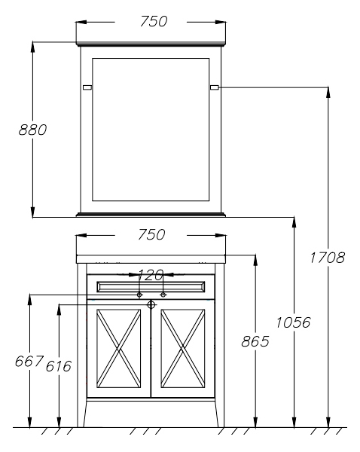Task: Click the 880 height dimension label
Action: point(32,130)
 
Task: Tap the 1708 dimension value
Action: point(328,258)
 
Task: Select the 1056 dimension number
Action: point(294,322)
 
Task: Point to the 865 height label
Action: point(255,341)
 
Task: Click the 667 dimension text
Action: point(29,361)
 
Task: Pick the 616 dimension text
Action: point(59,366)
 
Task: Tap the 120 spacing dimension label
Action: point(151,276)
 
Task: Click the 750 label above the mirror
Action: point(154,21)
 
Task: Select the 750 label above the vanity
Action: point(151,234)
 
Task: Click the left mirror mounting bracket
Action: point(87,87)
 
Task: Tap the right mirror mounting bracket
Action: point(215,87)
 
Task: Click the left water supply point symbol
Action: point(139,295)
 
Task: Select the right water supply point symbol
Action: point(163,295)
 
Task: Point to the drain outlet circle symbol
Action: point(151,304)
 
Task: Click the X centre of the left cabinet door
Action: point(119,349)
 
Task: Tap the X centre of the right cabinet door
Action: point(183,349)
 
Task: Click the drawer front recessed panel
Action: point(151,287)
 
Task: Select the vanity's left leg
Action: point(82,345)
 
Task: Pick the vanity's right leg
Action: point(220,345)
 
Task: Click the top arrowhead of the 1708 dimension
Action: point(328,92)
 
